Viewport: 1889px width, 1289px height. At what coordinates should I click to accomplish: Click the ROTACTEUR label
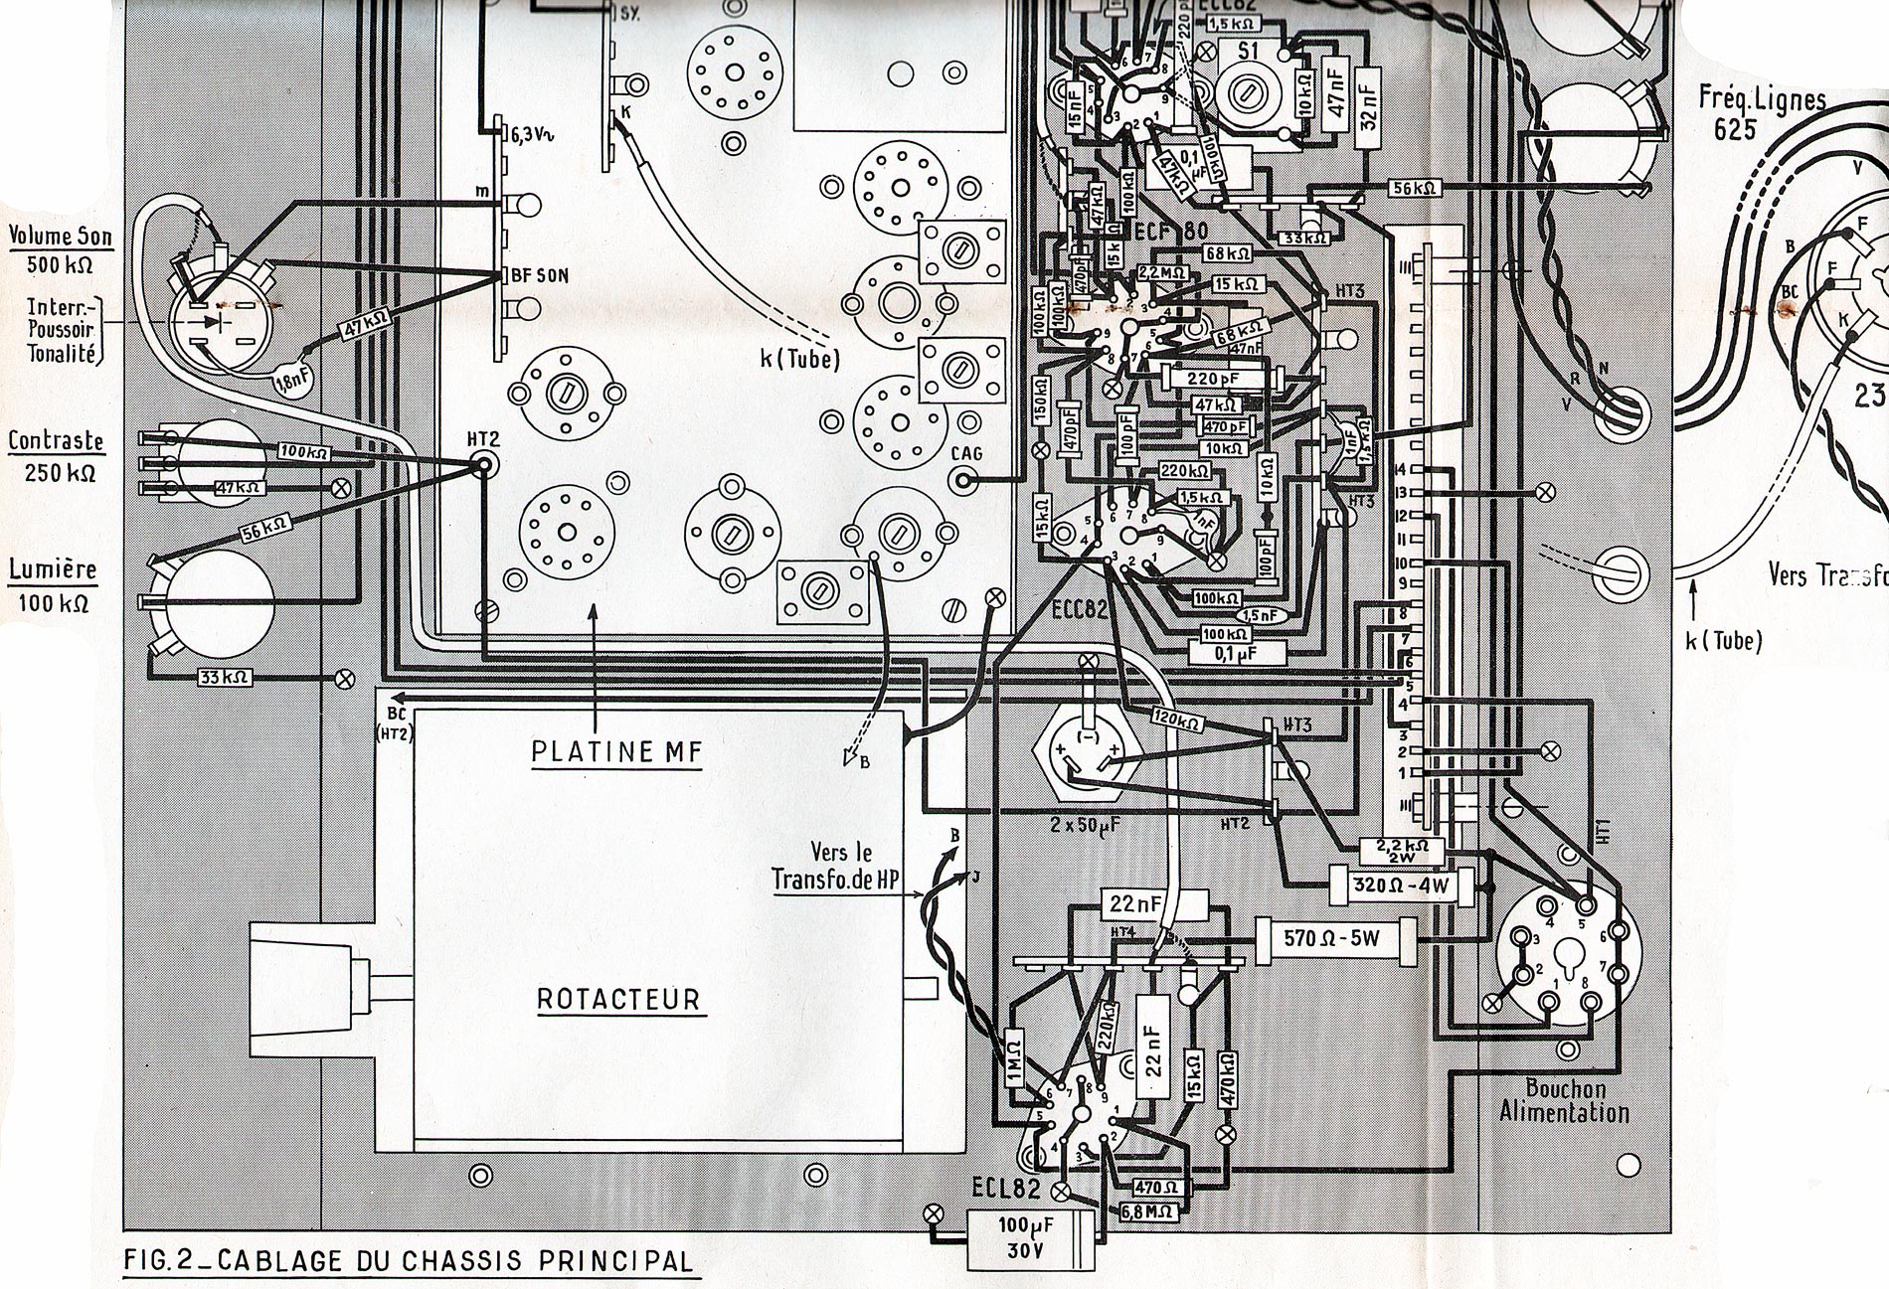tap(619, 998)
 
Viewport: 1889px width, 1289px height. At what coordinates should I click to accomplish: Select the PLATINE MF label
tap(616, 751)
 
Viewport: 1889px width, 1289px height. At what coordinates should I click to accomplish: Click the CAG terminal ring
tap(962, 482)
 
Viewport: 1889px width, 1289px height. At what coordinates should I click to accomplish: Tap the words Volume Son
tap(60, 237)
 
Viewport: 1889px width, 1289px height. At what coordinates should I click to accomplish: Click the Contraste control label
tap(57, 440)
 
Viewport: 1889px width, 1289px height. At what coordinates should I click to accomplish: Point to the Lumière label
tap(53, 569)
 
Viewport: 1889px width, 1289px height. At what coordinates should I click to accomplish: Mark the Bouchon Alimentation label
tap(1564, 1100)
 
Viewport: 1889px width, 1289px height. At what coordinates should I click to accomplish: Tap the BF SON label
tap(540, 274)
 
